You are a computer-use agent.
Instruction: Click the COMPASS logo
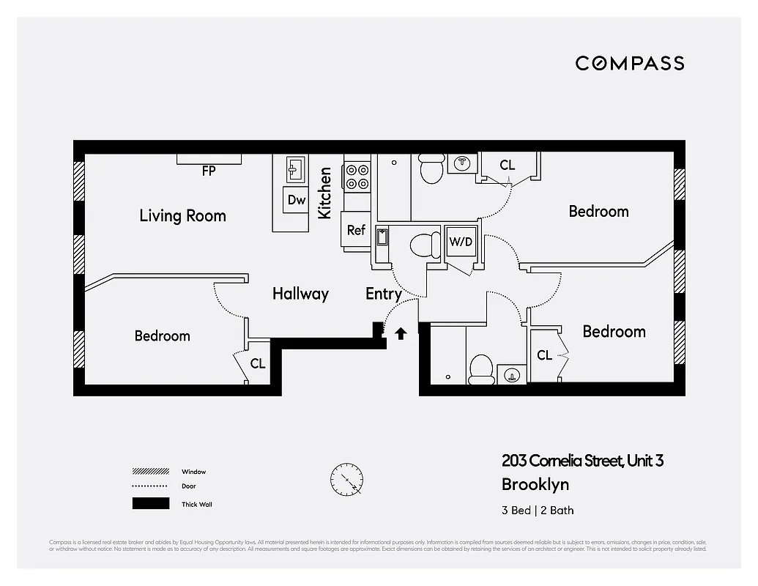[x=629, y=63]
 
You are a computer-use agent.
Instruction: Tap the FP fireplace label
[x=209, y=171]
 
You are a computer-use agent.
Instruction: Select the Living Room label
[x=182, y=215]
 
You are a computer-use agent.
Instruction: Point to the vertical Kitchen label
[x=325, y=193]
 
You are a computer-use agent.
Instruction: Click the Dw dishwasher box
[x=296, y=200]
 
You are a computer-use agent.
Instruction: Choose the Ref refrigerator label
[x=356, y=230]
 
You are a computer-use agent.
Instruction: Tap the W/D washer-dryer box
[x=461, y=241]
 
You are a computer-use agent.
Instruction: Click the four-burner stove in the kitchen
[x=357, y=176]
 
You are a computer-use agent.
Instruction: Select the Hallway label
[x=300, y=294]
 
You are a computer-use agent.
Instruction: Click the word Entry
[x=383, y=294]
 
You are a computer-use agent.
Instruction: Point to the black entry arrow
[x=401, y=334]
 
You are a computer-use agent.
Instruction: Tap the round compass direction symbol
[x=346, y=481]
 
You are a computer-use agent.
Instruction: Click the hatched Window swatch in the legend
[x=150, y=472]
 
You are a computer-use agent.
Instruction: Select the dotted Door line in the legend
[x=150, y=486]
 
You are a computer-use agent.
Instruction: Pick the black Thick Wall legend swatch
[x=150, y=504]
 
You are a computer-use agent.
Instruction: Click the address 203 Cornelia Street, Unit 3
[x=582, y=461]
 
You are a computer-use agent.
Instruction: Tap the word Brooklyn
[x=535, y=484]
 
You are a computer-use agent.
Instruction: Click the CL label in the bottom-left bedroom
[x=258, y=363]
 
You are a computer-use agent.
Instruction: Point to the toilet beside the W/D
[x=424, y=244]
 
